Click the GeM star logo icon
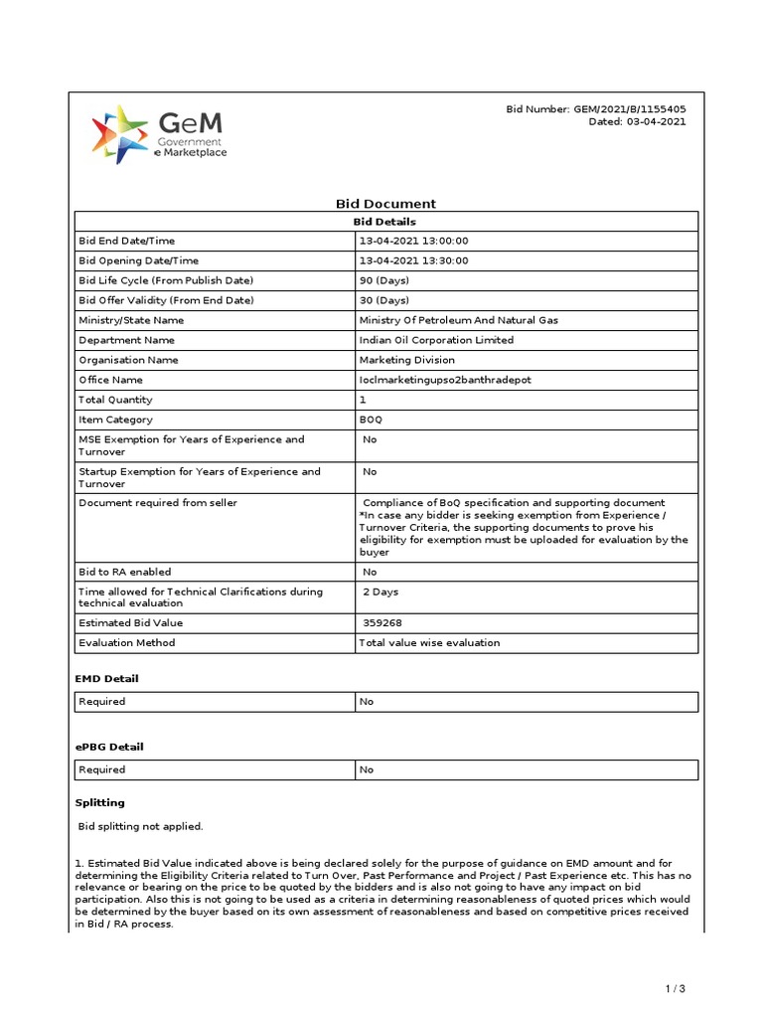point(118,132)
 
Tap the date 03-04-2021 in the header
point(656,122)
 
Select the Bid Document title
point(385,203)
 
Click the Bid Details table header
point(385,222)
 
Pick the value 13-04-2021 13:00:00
point(413,241)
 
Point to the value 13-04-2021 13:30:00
point(413,260)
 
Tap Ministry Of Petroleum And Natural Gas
point(458,320)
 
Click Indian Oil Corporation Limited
point(436,340)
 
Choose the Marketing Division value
point(406,360)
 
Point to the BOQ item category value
point(371,420)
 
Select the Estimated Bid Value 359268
point(382,622)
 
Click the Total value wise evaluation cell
point(429,642)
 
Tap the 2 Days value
point(381,592)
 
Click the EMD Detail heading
point(107,678)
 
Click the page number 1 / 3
point(676,988)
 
